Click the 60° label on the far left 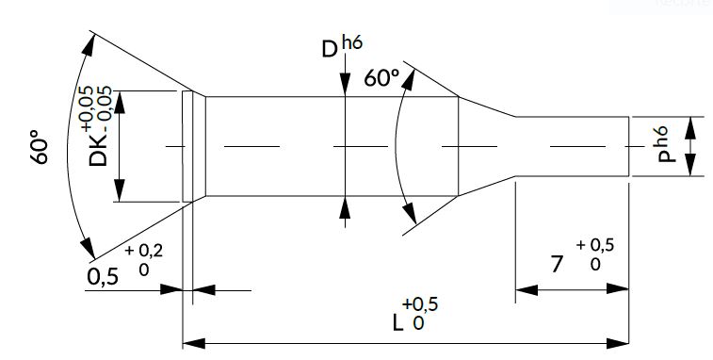pos(40,147)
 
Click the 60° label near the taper pos(382,78)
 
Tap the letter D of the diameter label pos(330,50)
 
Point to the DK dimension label pos(98,151)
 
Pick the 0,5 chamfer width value pos(103,276)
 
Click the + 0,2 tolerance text pos(144,251)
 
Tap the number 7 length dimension pos(557,264)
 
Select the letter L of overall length pos(397,322)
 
